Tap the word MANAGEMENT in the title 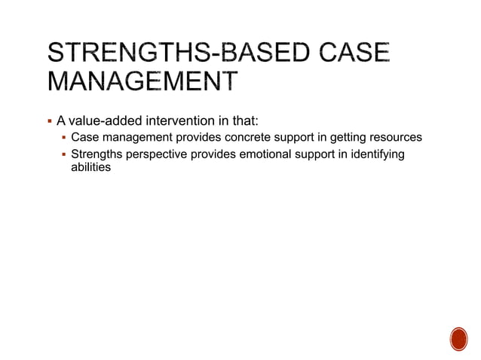[140, 81]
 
